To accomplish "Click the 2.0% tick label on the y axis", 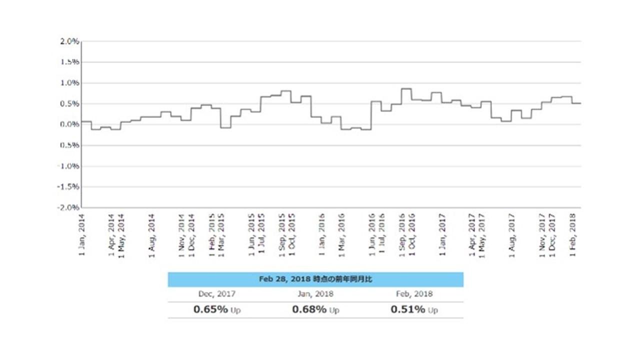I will [69, 41].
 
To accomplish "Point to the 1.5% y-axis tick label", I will [69, 62].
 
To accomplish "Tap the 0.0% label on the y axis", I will [69, 124].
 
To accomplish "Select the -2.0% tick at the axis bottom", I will [68, 207].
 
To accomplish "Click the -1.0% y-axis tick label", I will [68, 166].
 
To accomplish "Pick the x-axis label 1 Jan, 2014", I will [82, 234].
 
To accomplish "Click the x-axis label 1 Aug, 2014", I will [152, 234].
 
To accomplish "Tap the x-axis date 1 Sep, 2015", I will [282, 234].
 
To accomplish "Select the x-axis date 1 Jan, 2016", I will [322, 234].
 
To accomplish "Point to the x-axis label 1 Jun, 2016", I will [372, 234].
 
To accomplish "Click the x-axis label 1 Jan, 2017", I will [442, 234].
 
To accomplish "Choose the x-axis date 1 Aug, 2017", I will [512, 234].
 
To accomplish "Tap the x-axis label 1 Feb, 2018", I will [573, 234].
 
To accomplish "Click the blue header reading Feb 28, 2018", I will [315, 279].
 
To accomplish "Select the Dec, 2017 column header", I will [217, 294].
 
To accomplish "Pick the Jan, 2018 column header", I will [315, 294].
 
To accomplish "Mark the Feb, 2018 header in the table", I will [414, 294].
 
